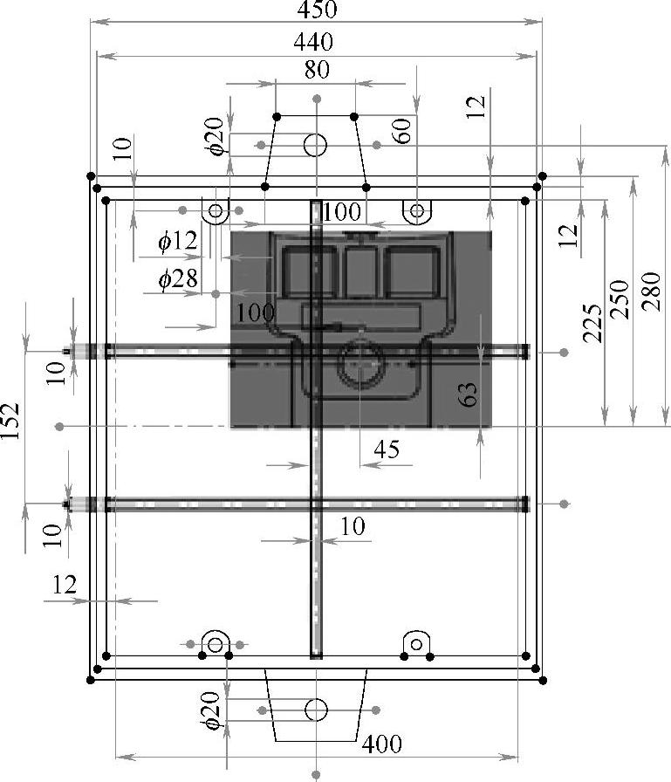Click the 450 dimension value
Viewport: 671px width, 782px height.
[x=317, y=9]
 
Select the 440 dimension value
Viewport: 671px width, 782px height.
[x=313, y=42]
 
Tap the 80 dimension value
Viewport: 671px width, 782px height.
[x=317, y=70]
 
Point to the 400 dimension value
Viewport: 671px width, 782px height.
[x=382, y=744]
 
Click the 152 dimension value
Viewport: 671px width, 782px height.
[x=10, y=421]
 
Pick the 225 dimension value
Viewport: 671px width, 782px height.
[x=592, y=323]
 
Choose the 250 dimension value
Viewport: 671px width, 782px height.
[x=620, y=299]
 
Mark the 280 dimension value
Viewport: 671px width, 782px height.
[x=651, y=292]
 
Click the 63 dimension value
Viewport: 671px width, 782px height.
[x=468, y=394]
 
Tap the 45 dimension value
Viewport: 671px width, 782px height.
[x=387, y=449]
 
